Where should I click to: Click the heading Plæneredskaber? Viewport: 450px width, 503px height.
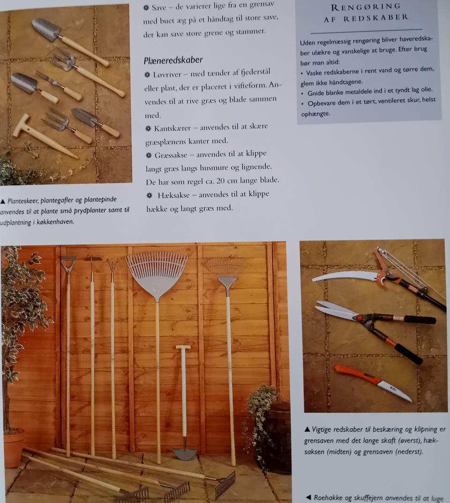click(x=173, y=60)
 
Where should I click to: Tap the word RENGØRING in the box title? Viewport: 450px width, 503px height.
click(x=366, y=7)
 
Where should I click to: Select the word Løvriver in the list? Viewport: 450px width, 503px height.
click(x=167, y=75)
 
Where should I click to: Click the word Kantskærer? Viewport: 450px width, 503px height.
click(x=172, y=129)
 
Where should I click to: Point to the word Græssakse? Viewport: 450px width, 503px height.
click(x=171, y=155)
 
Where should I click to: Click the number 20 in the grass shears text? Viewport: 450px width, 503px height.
click(x=220, y=181)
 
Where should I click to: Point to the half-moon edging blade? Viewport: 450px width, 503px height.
click(x=185, y=454)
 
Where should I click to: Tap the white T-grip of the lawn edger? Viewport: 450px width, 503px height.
click(x=183, y=347)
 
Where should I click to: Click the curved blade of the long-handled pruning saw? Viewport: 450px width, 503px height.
click(x=344, y=276)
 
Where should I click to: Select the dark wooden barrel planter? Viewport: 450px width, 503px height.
click(x=274, y=438)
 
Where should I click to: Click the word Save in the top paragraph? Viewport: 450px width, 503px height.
click(x=159, y=7)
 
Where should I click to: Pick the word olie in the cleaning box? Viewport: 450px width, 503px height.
click(x=427, y=89)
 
